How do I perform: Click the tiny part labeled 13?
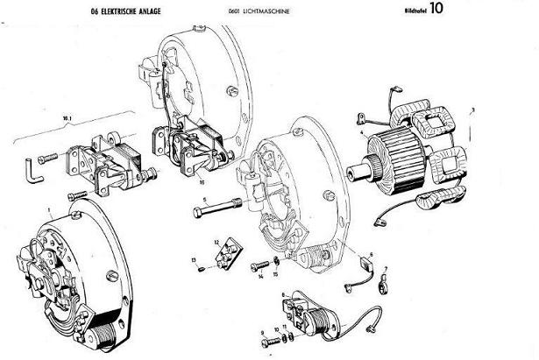(201, 268)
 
